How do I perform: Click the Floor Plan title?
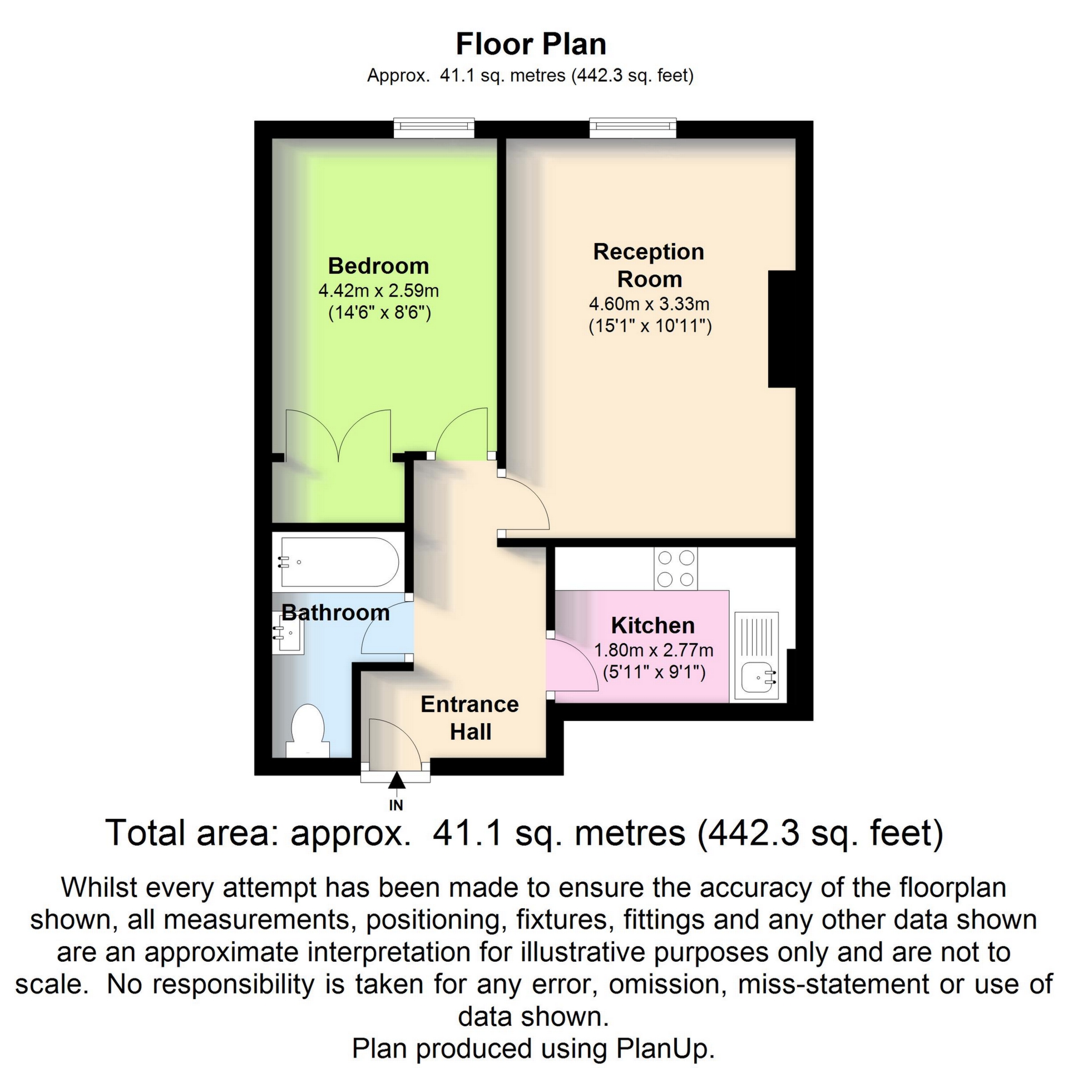tap(531, 44)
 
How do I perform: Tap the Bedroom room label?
tap(378, 266)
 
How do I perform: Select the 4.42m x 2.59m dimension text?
tap(378, 290)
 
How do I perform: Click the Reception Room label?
tap(649, 265)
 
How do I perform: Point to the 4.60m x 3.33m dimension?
tap(649, 304)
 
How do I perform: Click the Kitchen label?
tap(652, 626)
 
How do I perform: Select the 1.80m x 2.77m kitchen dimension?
tap(653, 650)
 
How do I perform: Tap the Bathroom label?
tap(335, 613)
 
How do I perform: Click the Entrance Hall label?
tap(470, 718)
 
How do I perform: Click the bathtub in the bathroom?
tap(339, 562)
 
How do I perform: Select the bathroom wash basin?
tap(288, 632)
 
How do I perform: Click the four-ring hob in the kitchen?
tap(675, 569)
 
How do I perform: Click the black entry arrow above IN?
tap(396, 781)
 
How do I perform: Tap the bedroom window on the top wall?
tap(434, 128)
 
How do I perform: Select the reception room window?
tap(632, 128)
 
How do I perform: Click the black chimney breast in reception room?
tap(782, 329)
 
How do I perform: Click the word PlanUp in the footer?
tap(665, 1049)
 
